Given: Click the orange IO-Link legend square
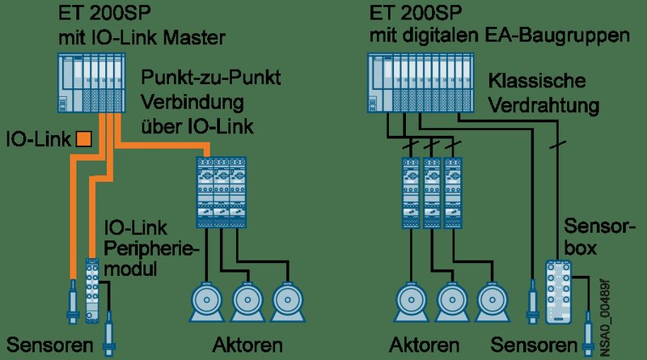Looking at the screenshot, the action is click(x=84, y=138).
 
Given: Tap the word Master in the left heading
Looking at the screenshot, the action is click(x=194, y=37).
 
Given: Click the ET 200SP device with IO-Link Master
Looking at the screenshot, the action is click(x=91, y=83).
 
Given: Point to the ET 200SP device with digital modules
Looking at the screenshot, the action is click(x=420, y=83).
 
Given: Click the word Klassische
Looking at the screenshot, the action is click(x=537, y=81).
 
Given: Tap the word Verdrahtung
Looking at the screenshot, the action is click(x=543, y=106).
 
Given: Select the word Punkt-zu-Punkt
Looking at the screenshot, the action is click(x=211, y=77).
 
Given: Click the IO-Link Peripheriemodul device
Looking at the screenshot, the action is click(x=92, y=290).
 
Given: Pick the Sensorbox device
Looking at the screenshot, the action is click(x=558, y=292).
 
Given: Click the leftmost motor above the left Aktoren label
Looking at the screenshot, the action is click(x=207, y=302).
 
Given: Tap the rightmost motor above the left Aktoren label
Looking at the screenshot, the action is click(x=288, y=302).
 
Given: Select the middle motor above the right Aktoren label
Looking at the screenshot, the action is click(x=451, y=302).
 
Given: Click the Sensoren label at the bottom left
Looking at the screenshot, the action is click(x=50, y=345).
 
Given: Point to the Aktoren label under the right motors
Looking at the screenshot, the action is click(x=424, y=345).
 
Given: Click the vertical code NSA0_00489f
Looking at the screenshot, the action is click(x=604, y=318).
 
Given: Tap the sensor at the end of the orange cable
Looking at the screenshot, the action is click(x=73, y=302).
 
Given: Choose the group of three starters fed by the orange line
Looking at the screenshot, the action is click(x=221, y=193).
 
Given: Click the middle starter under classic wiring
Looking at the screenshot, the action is click(x=432, y=193).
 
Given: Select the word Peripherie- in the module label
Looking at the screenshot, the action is click(x=151, y=249).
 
